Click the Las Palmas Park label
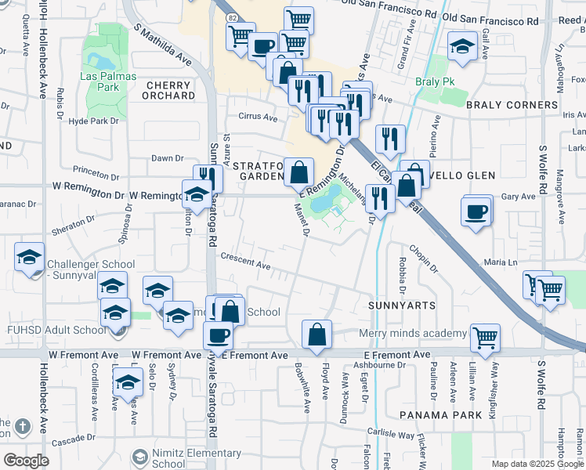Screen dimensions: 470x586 (108, 81)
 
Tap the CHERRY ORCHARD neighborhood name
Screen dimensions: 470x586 (168, 90)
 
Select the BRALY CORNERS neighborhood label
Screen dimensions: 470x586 (512, 105)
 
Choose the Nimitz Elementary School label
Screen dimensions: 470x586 (197, 458)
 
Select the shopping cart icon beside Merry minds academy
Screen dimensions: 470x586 (486, 338)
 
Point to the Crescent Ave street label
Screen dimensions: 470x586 (245, 262)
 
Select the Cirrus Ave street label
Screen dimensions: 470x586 (259, 118)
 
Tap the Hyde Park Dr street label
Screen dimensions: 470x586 (93, 121)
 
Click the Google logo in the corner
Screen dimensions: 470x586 (26, 461)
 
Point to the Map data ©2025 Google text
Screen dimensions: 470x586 (537, 464)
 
